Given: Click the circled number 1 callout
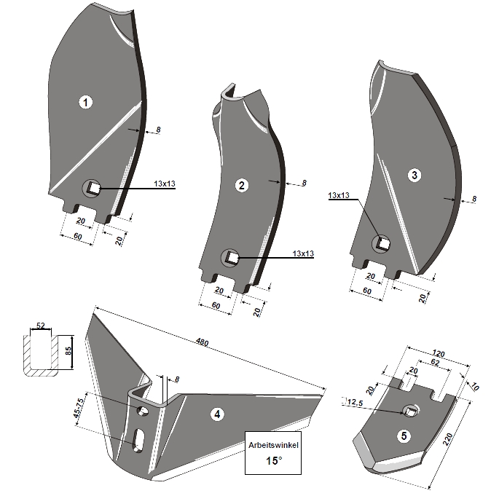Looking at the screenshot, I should [87, 103].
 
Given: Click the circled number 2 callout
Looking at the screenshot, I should [241, 185].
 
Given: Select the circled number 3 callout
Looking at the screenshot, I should [415, 176].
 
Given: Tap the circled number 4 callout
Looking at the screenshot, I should [216, 414].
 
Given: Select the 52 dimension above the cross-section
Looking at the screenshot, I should [41, 325].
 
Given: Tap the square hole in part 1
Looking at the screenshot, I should [93, 188].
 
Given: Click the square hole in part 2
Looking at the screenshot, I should [230, 256].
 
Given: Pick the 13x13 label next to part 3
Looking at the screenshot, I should [340, 196].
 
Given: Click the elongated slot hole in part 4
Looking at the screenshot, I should [138, 439].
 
